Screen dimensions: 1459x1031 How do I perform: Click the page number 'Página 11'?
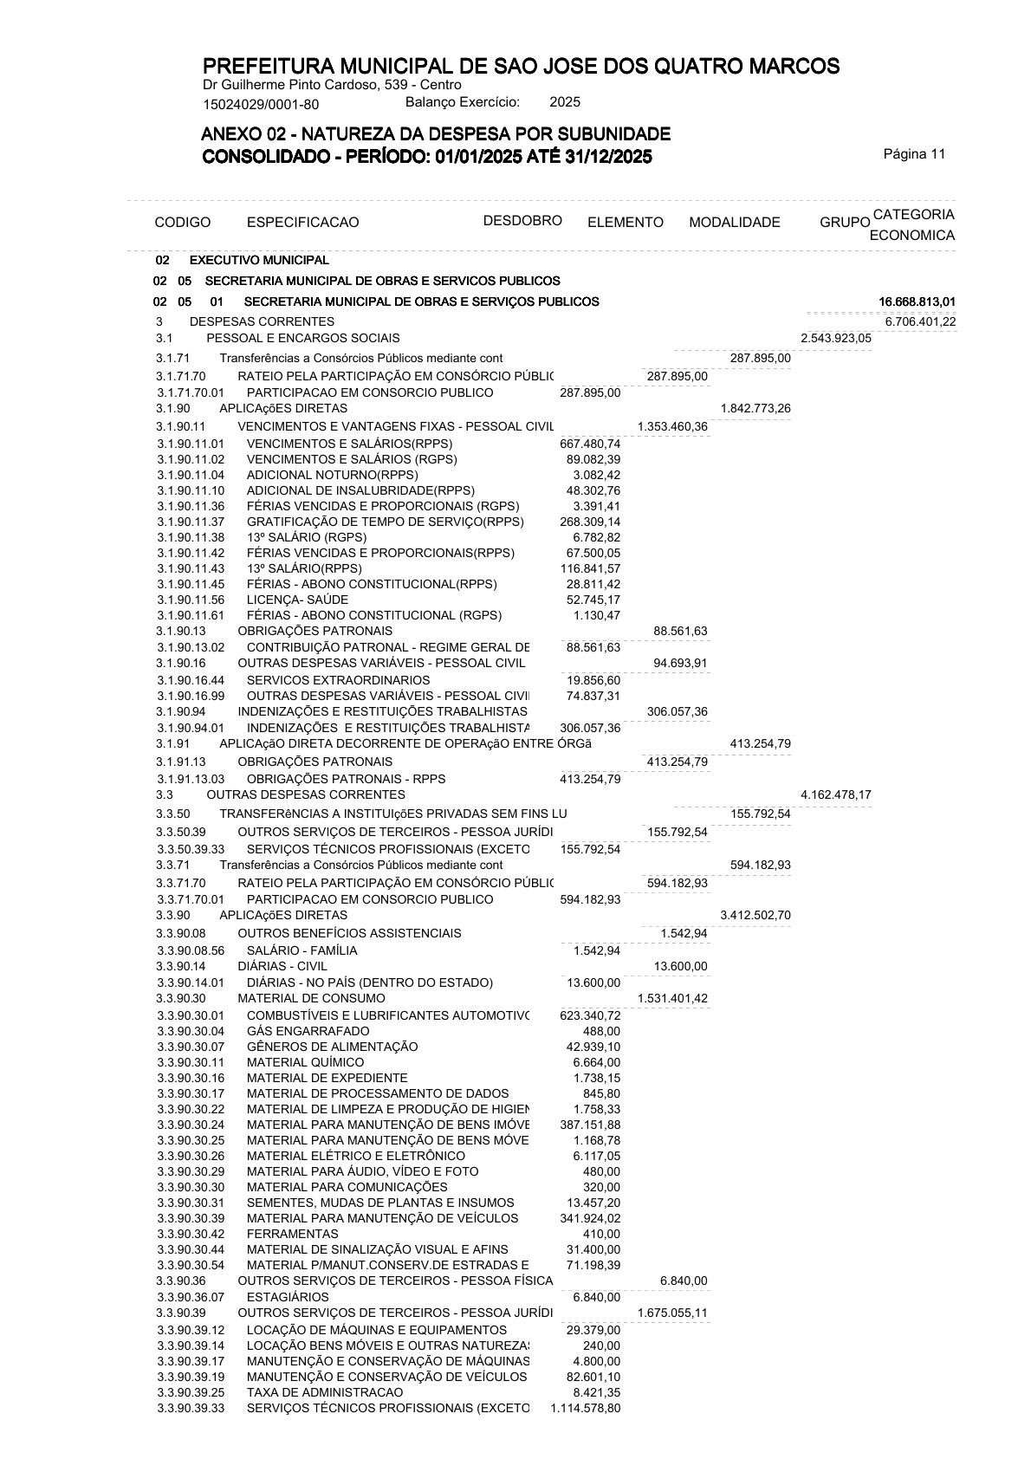pos(914,154)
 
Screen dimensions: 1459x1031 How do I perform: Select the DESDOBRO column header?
pos(522,220)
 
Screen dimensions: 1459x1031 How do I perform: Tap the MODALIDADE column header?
pos(734,223)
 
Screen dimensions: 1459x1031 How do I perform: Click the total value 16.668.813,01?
pos(917,302)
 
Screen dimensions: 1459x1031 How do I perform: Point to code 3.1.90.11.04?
pos(191,475)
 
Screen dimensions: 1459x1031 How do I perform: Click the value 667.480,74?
pos(590,444)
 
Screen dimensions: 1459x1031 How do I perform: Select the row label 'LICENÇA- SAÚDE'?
pos(297,600)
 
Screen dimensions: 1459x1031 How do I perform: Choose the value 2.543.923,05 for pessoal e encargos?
pos(835,338)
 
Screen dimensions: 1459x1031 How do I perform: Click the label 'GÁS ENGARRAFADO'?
pos(308,1031)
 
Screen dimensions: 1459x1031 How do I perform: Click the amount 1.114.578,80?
pos(585,1409)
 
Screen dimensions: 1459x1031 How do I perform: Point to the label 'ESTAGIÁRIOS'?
pos(288,1297)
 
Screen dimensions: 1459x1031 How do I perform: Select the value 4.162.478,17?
pos(835,794)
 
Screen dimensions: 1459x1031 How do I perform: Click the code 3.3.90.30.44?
pos(191,1249)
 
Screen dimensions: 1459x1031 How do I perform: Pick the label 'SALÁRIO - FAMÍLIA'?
pos(302,950)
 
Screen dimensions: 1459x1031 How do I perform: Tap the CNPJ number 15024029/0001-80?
pos(260,105)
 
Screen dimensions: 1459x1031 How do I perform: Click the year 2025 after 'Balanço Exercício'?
pos(565,102)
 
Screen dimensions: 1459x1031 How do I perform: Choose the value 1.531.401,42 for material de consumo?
pos(671,998)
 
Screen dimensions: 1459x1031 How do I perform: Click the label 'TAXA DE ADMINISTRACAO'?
pos(325,1392)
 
